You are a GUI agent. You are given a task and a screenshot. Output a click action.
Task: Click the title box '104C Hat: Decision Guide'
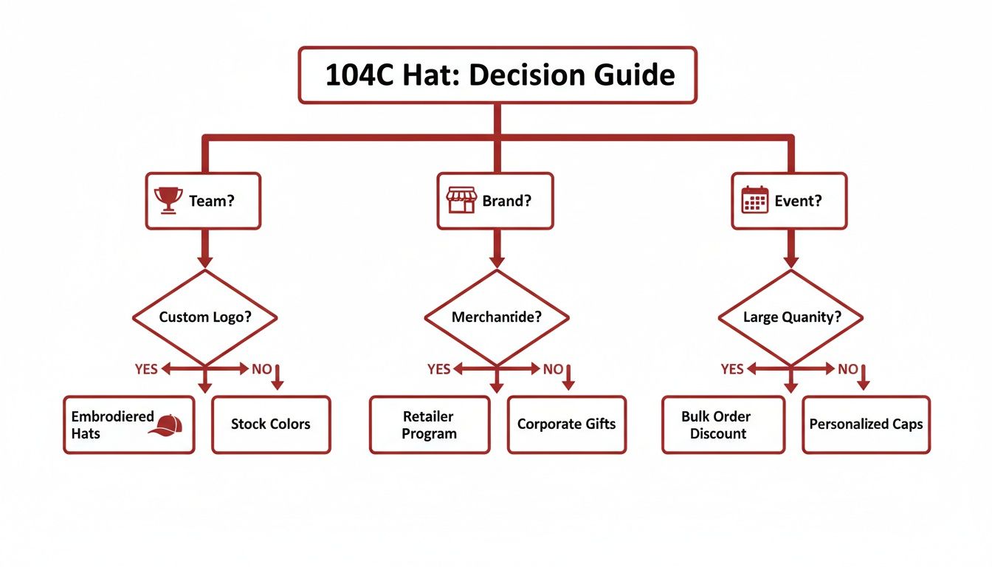[497, 75]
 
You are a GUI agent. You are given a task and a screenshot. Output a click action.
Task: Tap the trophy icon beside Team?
[168, 200]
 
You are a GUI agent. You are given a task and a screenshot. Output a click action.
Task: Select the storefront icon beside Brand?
[461, 200]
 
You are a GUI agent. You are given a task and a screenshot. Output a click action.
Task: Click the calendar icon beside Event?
[754, 200]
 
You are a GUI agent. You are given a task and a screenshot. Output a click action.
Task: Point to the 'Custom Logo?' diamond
[204, 317]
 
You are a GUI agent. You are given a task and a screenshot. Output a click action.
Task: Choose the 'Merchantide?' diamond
[496, 317]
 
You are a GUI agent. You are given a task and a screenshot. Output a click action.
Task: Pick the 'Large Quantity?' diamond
[790, 317]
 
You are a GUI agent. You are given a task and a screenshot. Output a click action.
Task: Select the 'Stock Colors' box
[271, 425]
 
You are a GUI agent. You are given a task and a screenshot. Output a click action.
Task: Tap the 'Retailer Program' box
[429, 425]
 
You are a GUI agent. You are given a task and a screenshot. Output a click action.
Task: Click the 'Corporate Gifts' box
[566, 425]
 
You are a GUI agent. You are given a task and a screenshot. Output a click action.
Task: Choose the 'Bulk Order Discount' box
[723, 425]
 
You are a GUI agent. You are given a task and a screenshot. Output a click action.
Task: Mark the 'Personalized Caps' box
[866, 425]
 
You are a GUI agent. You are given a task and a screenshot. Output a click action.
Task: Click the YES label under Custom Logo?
[146, 369]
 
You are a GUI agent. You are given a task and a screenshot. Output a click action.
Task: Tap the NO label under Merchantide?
[553, 369]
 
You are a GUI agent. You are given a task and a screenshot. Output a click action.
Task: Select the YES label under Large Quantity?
[732, 369]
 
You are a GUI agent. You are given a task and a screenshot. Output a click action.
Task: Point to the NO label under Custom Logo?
[261, 369]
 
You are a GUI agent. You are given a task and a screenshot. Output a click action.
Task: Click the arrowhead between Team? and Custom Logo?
[205, 261]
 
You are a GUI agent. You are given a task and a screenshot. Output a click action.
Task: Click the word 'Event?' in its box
[798, 201]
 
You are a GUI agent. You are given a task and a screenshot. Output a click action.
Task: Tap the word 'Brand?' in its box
[506, 201]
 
